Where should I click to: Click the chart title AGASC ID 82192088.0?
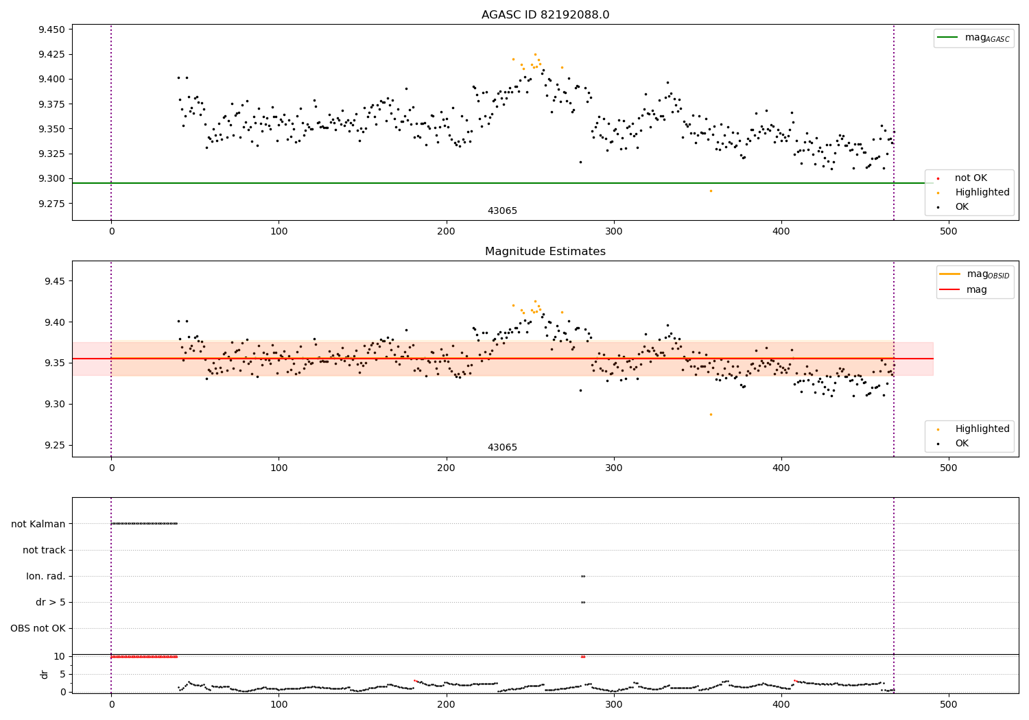(x=545, y=15)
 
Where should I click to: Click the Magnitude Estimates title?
(x=545, y=252)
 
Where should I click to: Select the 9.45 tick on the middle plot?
(x=54, y=281)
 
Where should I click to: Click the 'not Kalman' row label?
(x=38, y=524)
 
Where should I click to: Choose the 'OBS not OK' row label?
(x=38, y=628)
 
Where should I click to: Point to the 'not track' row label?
(x=44, y=550)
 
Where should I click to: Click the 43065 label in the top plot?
(x=502, y=211)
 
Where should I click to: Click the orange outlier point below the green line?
(x=711, y=191)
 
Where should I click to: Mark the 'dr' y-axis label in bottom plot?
(x=45, y=674)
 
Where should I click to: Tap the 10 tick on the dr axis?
(x=59, y=656)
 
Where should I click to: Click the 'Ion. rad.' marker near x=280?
(x=583, y=576)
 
